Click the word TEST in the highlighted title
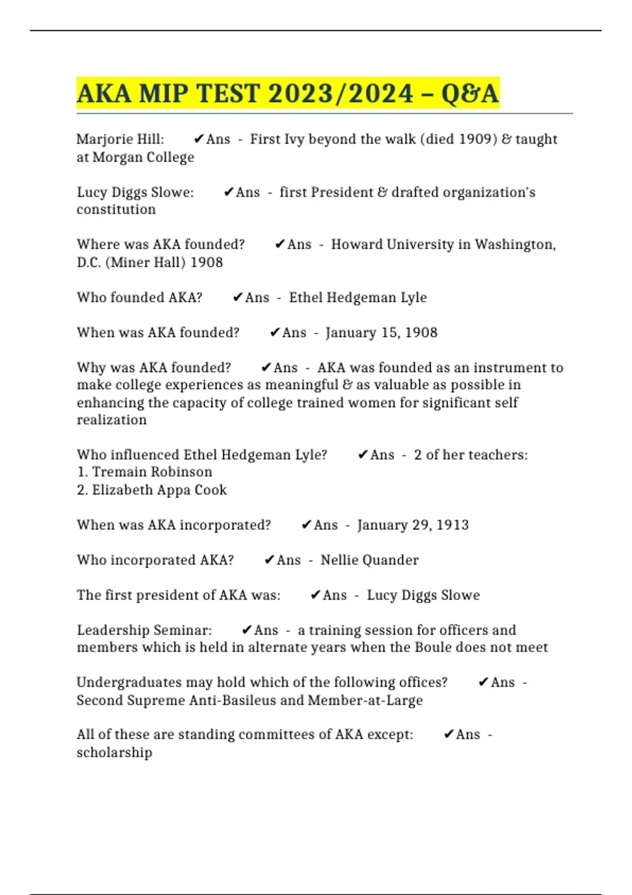point(228,94)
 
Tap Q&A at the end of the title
point(470,94)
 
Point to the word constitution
point(116,210)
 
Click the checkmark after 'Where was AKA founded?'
point(280,244)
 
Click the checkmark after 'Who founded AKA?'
point(238,297)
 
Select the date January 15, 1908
point(382,333)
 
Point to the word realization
point(112,420)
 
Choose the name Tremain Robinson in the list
point(152,472)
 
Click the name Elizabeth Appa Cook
point(159,490)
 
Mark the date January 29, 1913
point(413,525)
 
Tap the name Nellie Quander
point(369,560)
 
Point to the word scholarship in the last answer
point(114,752)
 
